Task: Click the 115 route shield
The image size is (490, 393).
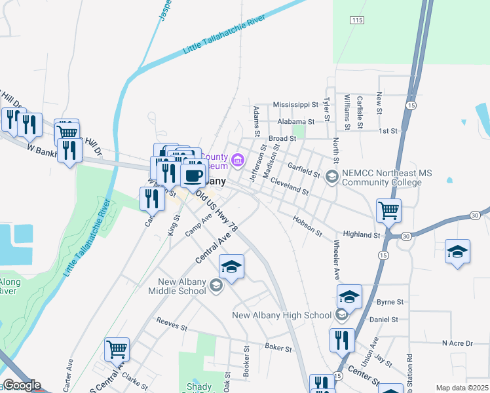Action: [x=356, y=21]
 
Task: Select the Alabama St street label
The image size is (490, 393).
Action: [x=296, y=122]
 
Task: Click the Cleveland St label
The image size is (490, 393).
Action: [x=289, y=187]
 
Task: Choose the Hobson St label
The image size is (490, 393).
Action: [x=308, y=227]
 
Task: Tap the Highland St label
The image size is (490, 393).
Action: [x=362, y=234]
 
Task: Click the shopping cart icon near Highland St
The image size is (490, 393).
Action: [x=389, y=211]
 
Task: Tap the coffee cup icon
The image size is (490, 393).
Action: [x=193, y=175]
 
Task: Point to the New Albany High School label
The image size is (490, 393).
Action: [x=282, y=315]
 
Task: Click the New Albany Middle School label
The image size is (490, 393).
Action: [x=178, y=286]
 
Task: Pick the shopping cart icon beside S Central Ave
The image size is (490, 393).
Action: [x=117, y=349]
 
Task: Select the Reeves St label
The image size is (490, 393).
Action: [x=172, y=323]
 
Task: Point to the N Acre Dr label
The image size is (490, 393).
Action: [x=457, y=343]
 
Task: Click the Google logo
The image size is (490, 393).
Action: [x=22, y=385]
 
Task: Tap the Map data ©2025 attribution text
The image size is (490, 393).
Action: [x=461, y=388]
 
